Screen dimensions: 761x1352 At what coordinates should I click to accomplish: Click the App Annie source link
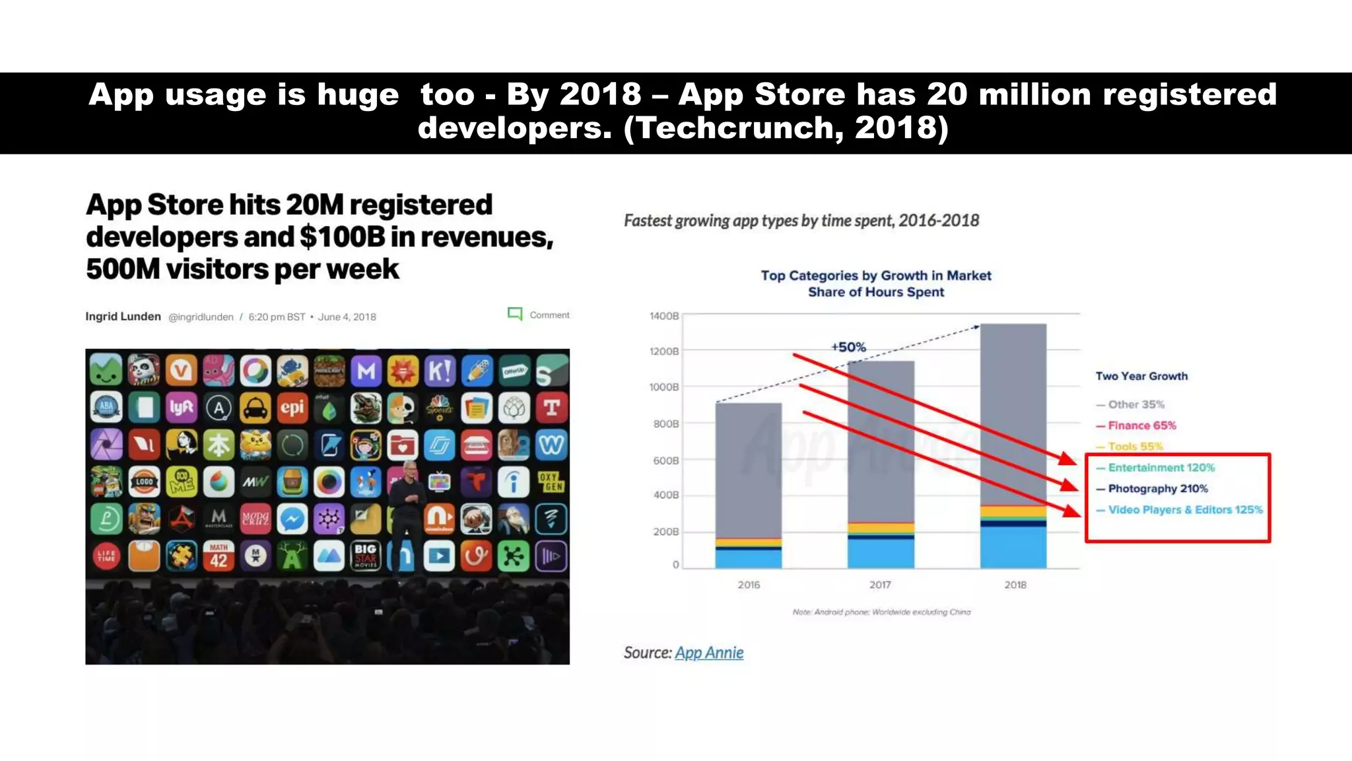(x=709, y=653)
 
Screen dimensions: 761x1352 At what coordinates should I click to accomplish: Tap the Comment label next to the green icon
(x=549, y=315)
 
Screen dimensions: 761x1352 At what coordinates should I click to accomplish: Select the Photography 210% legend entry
(x=1157, y=489)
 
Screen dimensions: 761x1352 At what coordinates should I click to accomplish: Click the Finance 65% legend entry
(x=1141, y=425)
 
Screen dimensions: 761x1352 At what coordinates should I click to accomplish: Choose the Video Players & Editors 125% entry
(x=1184, y=510)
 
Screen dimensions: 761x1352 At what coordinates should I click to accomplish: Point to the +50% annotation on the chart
(x=848, y=347)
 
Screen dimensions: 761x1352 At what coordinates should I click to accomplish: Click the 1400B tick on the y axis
(x=664, y=316)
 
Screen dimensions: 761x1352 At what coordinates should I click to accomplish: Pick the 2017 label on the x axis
(x=880, y=585)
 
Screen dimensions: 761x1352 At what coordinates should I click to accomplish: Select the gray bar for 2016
(x=749, y=469)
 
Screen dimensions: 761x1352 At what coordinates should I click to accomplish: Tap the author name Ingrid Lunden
(x=123, y=316)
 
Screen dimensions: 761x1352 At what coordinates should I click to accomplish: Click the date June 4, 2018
(x=347, y=317)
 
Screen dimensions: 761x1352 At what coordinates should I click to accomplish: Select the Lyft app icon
(x=181, y=408)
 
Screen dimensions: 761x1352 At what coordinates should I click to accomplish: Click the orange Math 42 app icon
(x=219, y=556)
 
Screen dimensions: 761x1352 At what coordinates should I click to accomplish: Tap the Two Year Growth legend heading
(x=1141, y=376)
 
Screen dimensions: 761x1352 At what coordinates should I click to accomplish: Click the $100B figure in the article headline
(x=342, y=237)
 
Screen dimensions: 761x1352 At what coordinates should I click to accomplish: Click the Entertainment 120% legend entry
(x=1161, y=468)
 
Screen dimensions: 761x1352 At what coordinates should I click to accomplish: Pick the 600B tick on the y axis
(x=665, y=460)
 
